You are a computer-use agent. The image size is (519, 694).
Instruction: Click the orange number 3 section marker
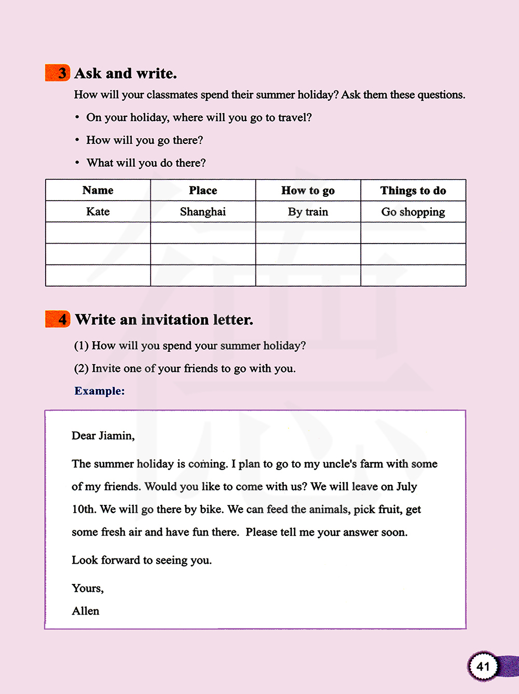(58, 73)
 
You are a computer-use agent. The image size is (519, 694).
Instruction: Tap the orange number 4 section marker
(58, 319)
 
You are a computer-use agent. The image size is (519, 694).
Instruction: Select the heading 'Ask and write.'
(126, 73)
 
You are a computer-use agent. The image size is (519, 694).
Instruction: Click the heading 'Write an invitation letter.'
(164, 319)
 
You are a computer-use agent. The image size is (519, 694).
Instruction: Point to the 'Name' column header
(98, 191)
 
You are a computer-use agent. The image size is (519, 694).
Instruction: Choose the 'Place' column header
(203, 191)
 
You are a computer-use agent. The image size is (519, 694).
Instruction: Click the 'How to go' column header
(308, 191)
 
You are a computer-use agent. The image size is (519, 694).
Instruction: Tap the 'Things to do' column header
(413, 191)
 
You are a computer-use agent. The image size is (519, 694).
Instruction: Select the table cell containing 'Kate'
(98, 212)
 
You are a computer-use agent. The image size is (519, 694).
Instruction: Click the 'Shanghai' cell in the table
(203, 212)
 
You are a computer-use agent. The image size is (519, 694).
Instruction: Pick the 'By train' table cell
(308, 212)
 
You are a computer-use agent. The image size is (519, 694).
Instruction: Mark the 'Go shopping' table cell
(413, 212)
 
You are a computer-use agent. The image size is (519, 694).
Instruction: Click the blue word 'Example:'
(100, 391)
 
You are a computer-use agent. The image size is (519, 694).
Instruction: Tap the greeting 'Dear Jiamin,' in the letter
(103, 436)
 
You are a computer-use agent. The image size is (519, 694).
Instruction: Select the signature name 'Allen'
(86, 611)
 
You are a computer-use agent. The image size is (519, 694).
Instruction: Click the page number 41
(483, 666)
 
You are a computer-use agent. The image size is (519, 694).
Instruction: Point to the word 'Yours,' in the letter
(88, 588)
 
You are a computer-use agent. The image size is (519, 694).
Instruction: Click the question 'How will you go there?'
(144, 140)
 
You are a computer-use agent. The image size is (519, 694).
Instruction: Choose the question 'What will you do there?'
(146, 163)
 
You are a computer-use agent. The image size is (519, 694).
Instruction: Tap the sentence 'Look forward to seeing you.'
(142, 560)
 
